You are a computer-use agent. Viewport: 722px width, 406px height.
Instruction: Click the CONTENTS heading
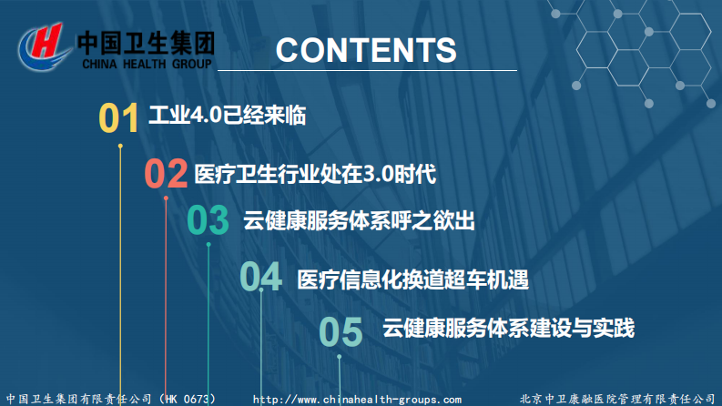366,50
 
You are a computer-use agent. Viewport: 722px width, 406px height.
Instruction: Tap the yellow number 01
118,118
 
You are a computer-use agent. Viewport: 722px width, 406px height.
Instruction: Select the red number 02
166,173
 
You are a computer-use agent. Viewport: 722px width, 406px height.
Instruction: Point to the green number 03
208,221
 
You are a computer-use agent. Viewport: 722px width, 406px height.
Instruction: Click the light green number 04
260,277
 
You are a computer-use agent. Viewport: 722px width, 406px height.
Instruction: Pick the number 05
341,332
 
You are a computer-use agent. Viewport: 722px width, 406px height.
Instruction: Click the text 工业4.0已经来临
226,117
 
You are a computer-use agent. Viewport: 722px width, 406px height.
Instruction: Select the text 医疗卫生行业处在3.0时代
315,173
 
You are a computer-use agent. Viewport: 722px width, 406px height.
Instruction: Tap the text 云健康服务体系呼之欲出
359,220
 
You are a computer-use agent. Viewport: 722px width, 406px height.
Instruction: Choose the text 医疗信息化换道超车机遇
412,279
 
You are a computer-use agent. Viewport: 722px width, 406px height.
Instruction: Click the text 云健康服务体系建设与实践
508,328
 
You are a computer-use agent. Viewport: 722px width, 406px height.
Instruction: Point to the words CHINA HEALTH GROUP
147,65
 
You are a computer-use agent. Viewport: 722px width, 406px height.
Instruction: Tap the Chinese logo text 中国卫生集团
146,43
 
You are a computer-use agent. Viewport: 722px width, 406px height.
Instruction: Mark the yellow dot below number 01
120,144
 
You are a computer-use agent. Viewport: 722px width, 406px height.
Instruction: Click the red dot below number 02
166,197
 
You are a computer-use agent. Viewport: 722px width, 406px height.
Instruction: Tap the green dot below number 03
208,244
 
